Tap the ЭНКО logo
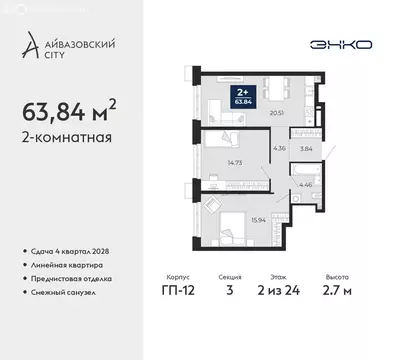343,45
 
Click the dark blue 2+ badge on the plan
241,96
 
